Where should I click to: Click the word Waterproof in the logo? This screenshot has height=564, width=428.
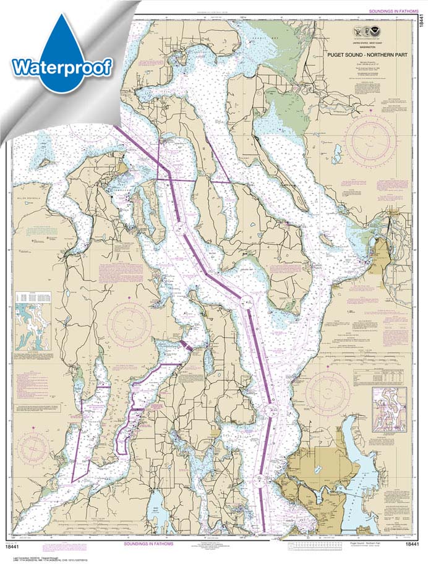62,66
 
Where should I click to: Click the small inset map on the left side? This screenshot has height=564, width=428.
33,331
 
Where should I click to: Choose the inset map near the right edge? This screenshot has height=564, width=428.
389,408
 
